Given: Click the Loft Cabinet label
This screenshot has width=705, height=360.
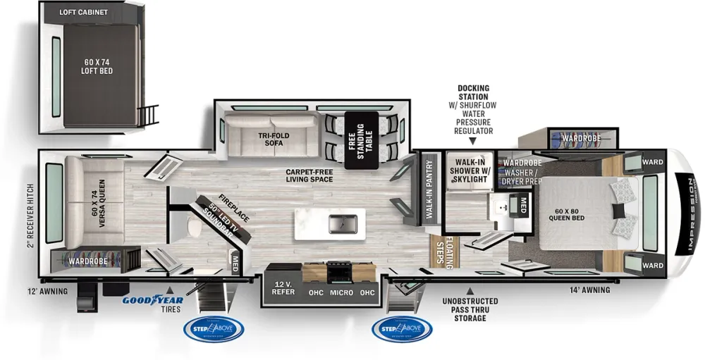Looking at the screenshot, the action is click(x=84, y=12).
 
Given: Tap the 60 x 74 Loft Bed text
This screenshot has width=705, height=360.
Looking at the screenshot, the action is click(x=98, y=67).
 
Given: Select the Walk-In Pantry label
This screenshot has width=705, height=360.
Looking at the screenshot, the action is click(x=429, y=192).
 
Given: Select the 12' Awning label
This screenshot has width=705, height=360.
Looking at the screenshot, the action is click(x=48, y=291).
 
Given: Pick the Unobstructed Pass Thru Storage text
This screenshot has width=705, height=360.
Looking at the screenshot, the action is click(x=470, y=310).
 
